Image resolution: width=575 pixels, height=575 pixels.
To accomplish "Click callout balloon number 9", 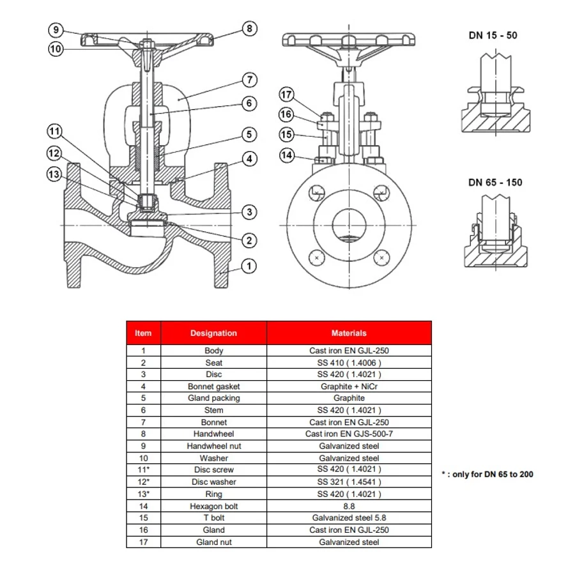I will pyautogui.click(x=56, y=30).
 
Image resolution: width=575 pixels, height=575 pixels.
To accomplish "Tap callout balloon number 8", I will pyautogui.click(x=249, y=29).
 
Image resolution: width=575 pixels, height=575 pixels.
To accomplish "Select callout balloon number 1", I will pyautogui.click(x=249, y=266).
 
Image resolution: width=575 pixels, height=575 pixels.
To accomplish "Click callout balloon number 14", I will pyautogui.click(x=286, y=155).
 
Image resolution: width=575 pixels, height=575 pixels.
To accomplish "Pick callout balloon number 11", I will pyautogui.click(x=55, y=132).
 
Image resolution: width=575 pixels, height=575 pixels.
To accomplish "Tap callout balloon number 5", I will pyautogui.click(x=249, y=135).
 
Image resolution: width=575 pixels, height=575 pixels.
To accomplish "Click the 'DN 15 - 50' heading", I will pyautogui.click(x=493, y=35).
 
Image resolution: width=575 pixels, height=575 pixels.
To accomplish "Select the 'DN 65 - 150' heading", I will pyautogui.click(x=494, y=182).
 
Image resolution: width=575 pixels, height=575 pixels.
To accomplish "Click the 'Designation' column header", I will pyautogui.click(x=213, y=333).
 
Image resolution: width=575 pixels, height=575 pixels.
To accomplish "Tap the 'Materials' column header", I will pyautogui.click(x=349, y=333).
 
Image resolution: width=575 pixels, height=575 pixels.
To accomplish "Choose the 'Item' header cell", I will pyautogui.click(x=143, y=333).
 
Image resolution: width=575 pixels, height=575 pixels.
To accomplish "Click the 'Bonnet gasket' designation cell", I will pyautogui.click(x=213, y=387).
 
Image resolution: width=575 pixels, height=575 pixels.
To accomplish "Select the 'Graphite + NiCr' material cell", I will pyautogui.click(x=349, y=387).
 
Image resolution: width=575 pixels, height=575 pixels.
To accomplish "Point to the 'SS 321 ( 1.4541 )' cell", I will pyautogui.click(x=349, y=482).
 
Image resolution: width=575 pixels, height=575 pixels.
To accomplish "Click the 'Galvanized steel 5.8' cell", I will pyautogui.click(x=349, y=518).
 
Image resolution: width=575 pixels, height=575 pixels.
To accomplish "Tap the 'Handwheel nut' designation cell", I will pyautogui.click(x=213, y=446).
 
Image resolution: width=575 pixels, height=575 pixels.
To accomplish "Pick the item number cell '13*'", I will pyautogui.click(x=143, y=494).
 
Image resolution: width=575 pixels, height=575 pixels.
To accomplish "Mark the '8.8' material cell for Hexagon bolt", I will pyautogui.click(x=349, y=506).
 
